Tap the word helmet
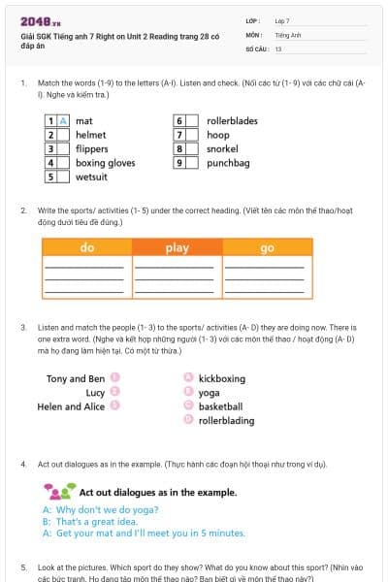91,135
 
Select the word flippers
92,149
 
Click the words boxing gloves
105,163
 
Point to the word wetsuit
92,178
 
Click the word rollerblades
232,121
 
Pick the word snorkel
223,149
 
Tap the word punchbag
228,163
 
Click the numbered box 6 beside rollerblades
179,121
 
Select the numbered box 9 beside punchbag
179,163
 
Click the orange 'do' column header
86,248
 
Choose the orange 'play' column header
177,248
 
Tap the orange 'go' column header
268,248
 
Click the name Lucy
95,393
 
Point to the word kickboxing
222,378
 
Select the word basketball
220,406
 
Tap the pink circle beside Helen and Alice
115,406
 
